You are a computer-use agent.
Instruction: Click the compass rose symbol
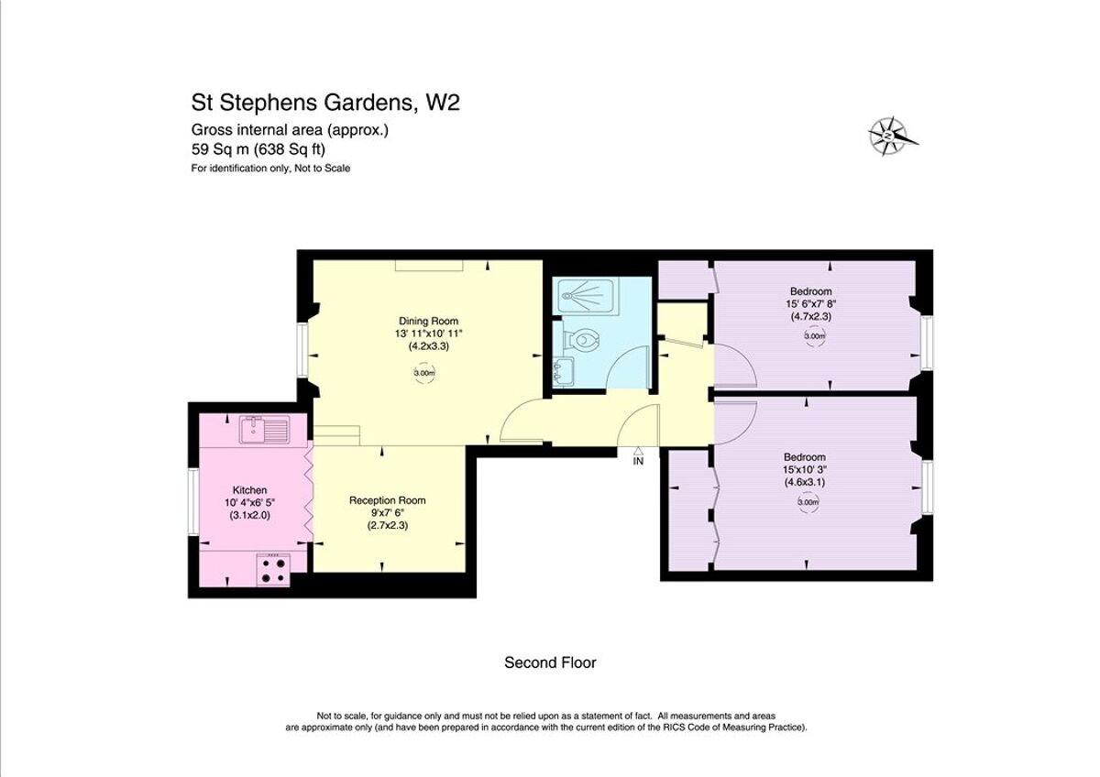pos(890,136)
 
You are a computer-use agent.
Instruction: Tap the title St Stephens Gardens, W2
pos(324,102)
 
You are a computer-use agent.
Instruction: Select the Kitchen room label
pos(249,491)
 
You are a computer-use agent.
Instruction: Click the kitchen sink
pos(264,430)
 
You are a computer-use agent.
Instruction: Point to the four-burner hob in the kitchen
pos(273,569)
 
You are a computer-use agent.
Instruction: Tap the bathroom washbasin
pos(561,371)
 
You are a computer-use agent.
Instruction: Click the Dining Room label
pos(422,321)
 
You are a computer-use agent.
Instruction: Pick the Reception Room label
pos(387,500)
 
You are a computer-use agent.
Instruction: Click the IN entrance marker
pos(638,460)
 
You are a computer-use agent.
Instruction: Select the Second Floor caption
pos(550,662)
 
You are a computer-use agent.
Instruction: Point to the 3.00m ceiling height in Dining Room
pos(423,373)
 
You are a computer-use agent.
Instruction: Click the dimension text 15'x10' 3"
pos(804,469)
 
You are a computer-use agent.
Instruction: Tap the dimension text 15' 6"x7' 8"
pos(811,303)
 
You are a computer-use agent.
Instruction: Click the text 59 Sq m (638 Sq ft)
pos(258,149)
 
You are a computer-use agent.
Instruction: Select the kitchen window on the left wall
pos(193,501)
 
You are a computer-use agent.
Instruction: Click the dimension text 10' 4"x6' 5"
pos(249,503)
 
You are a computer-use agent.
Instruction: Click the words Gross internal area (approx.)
pos(290,130)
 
